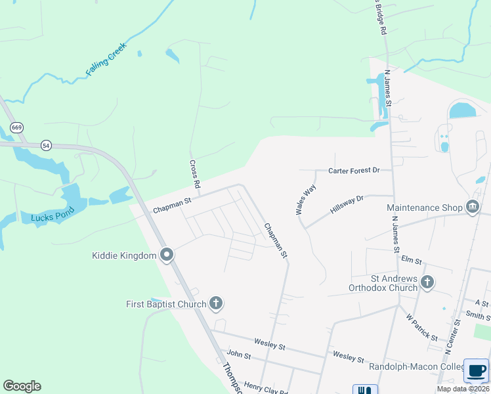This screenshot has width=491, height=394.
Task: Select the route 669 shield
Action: tap(16, 127)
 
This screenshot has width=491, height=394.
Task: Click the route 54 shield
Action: tap(45, 144)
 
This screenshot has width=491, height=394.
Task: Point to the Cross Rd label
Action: tap(194, 175)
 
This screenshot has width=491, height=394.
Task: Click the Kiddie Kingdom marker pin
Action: tap(167, 255)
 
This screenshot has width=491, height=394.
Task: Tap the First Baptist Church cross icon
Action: tap(216, 303)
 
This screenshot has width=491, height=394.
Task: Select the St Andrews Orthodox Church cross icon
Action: tap(427, 282)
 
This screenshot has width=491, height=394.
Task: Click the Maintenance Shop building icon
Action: tap(472, 208)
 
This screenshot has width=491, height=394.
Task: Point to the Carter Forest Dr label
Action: tap(354, 171)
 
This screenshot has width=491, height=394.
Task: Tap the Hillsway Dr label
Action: tap(347, 206)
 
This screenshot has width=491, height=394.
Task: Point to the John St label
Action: tap(239, 355)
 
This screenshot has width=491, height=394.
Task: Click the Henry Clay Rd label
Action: tap(267, 389)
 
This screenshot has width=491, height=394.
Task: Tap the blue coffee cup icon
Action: tap(476, 370)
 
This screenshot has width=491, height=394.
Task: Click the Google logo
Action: tap(22, 386)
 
